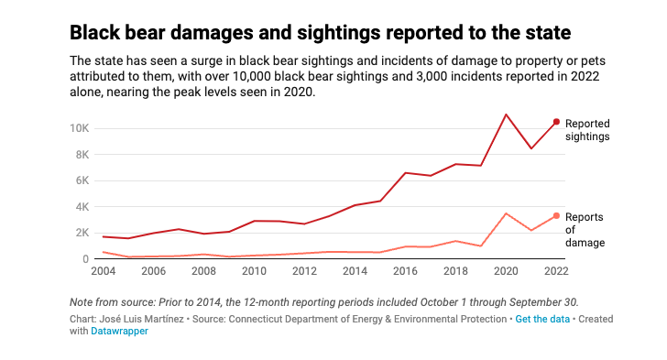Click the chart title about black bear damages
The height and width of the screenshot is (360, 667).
(x=321, y=33)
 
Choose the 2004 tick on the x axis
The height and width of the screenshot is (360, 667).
(x=103, y=272)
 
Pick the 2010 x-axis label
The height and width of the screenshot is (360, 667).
(x=254, y=272)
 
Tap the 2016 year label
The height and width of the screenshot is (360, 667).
(x=405, y=272)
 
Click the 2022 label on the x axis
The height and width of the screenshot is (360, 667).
(x=555, y=272)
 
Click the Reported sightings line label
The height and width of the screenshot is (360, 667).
(x=587, y=129)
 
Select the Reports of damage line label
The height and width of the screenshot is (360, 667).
(x=585, y=230)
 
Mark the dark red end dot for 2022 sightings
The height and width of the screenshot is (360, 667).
(x=556, y=122)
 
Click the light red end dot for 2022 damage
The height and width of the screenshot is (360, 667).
(x=556, y=216)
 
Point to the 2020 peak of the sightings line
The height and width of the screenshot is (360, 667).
(x=506, y=115)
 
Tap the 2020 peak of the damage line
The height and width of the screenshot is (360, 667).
(x=506, y=213)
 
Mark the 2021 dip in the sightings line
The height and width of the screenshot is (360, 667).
(x=531, y=148)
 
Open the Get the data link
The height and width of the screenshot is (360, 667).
(x=541, y=319)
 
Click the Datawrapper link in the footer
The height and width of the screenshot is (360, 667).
(x=119, y=332)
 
